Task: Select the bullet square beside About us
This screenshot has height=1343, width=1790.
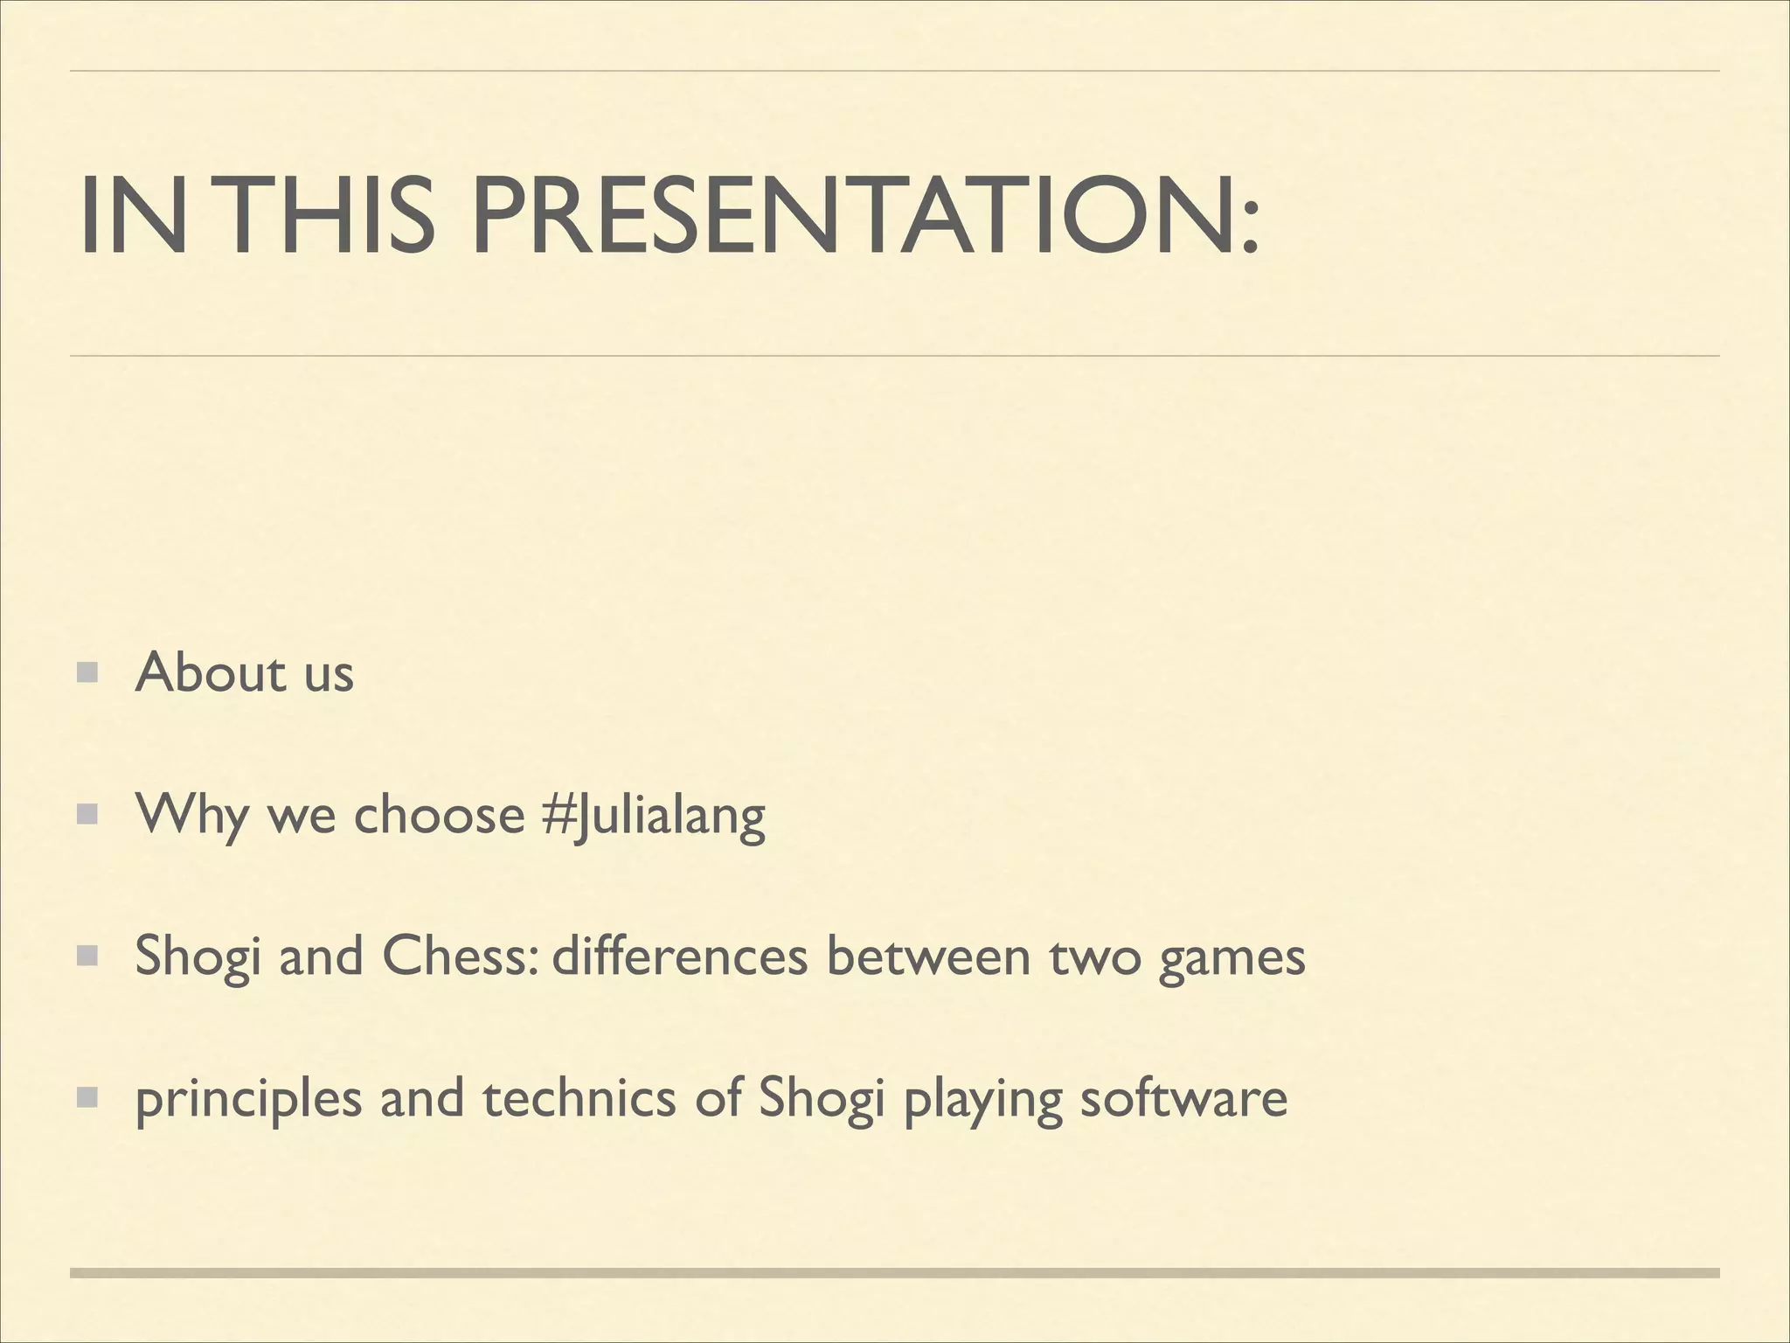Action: (87, 673)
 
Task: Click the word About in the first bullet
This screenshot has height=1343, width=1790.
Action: (211, 673)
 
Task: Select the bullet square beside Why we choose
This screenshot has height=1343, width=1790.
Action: (87, 816)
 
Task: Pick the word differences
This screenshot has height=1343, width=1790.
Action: (680, 957)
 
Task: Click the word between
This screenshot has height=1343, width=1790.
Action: (927, 957)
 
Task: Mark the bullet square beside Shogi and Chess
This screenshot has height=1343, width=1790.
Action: (87, 957)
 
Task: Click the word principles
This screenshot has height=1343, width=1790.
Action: (248, 1100)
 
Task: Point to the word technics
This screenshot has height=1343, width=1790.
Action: (579, 1098)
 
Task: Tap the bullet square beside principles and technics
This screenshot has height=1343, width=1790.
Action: (87, 1098)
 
